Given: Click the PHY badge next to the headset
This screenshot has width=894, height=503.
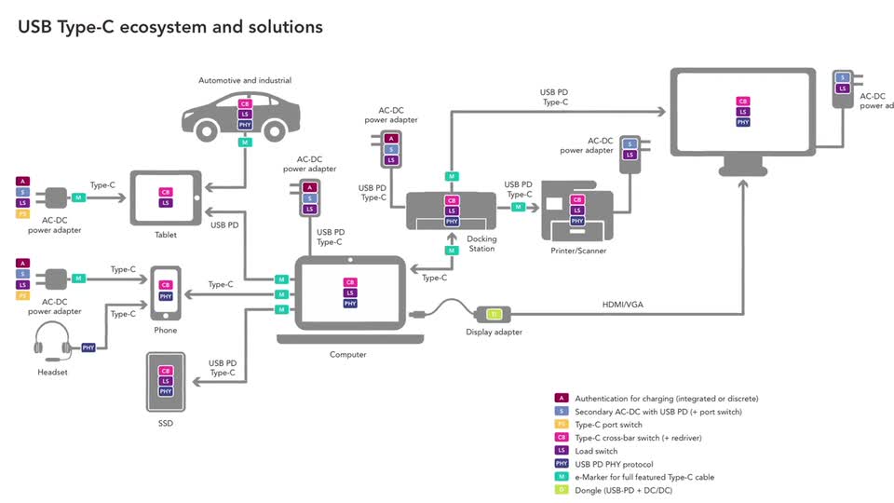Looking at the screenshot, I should [89, 347].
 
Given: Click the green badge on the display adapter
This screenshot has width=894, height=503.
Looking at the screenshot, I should [494, 314].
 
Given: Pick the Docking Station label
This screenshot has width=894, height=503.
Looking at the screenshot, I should [482, 244].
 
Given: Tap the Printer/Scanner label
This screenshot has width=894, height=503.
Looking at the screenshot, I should [577, 251].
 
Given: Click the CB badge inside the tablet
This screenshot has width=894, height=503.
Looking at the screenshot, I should [166, 192].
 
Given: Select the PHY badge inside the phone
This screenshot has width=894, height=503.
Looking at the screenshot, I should [166, 296].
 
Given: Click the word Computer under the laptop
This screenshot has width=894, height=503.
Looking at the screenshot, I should [347, 355].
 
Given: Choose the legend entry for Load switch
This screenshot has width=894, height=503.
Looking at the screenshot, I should [596, 451].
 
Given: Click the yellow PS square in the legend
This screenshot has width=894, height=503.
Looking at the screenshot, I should [561, 425].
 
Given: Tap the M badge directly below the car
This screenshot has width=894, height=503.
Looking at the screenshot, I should [245, 143].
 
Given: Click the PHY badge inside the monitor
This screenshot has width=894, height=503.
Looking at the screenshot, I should [742, 122].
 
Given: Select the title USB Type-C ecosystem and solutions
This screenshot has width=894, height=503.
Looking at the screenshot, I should [170, 27].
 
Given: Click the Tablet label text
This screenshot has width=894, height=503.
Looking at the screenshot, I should [165, 235].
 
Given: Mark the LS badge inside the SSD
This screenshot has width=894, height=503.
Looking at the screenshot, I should [166, 381].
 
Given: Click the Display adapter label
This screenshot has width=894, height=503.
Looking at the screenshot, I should [494, 333].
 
